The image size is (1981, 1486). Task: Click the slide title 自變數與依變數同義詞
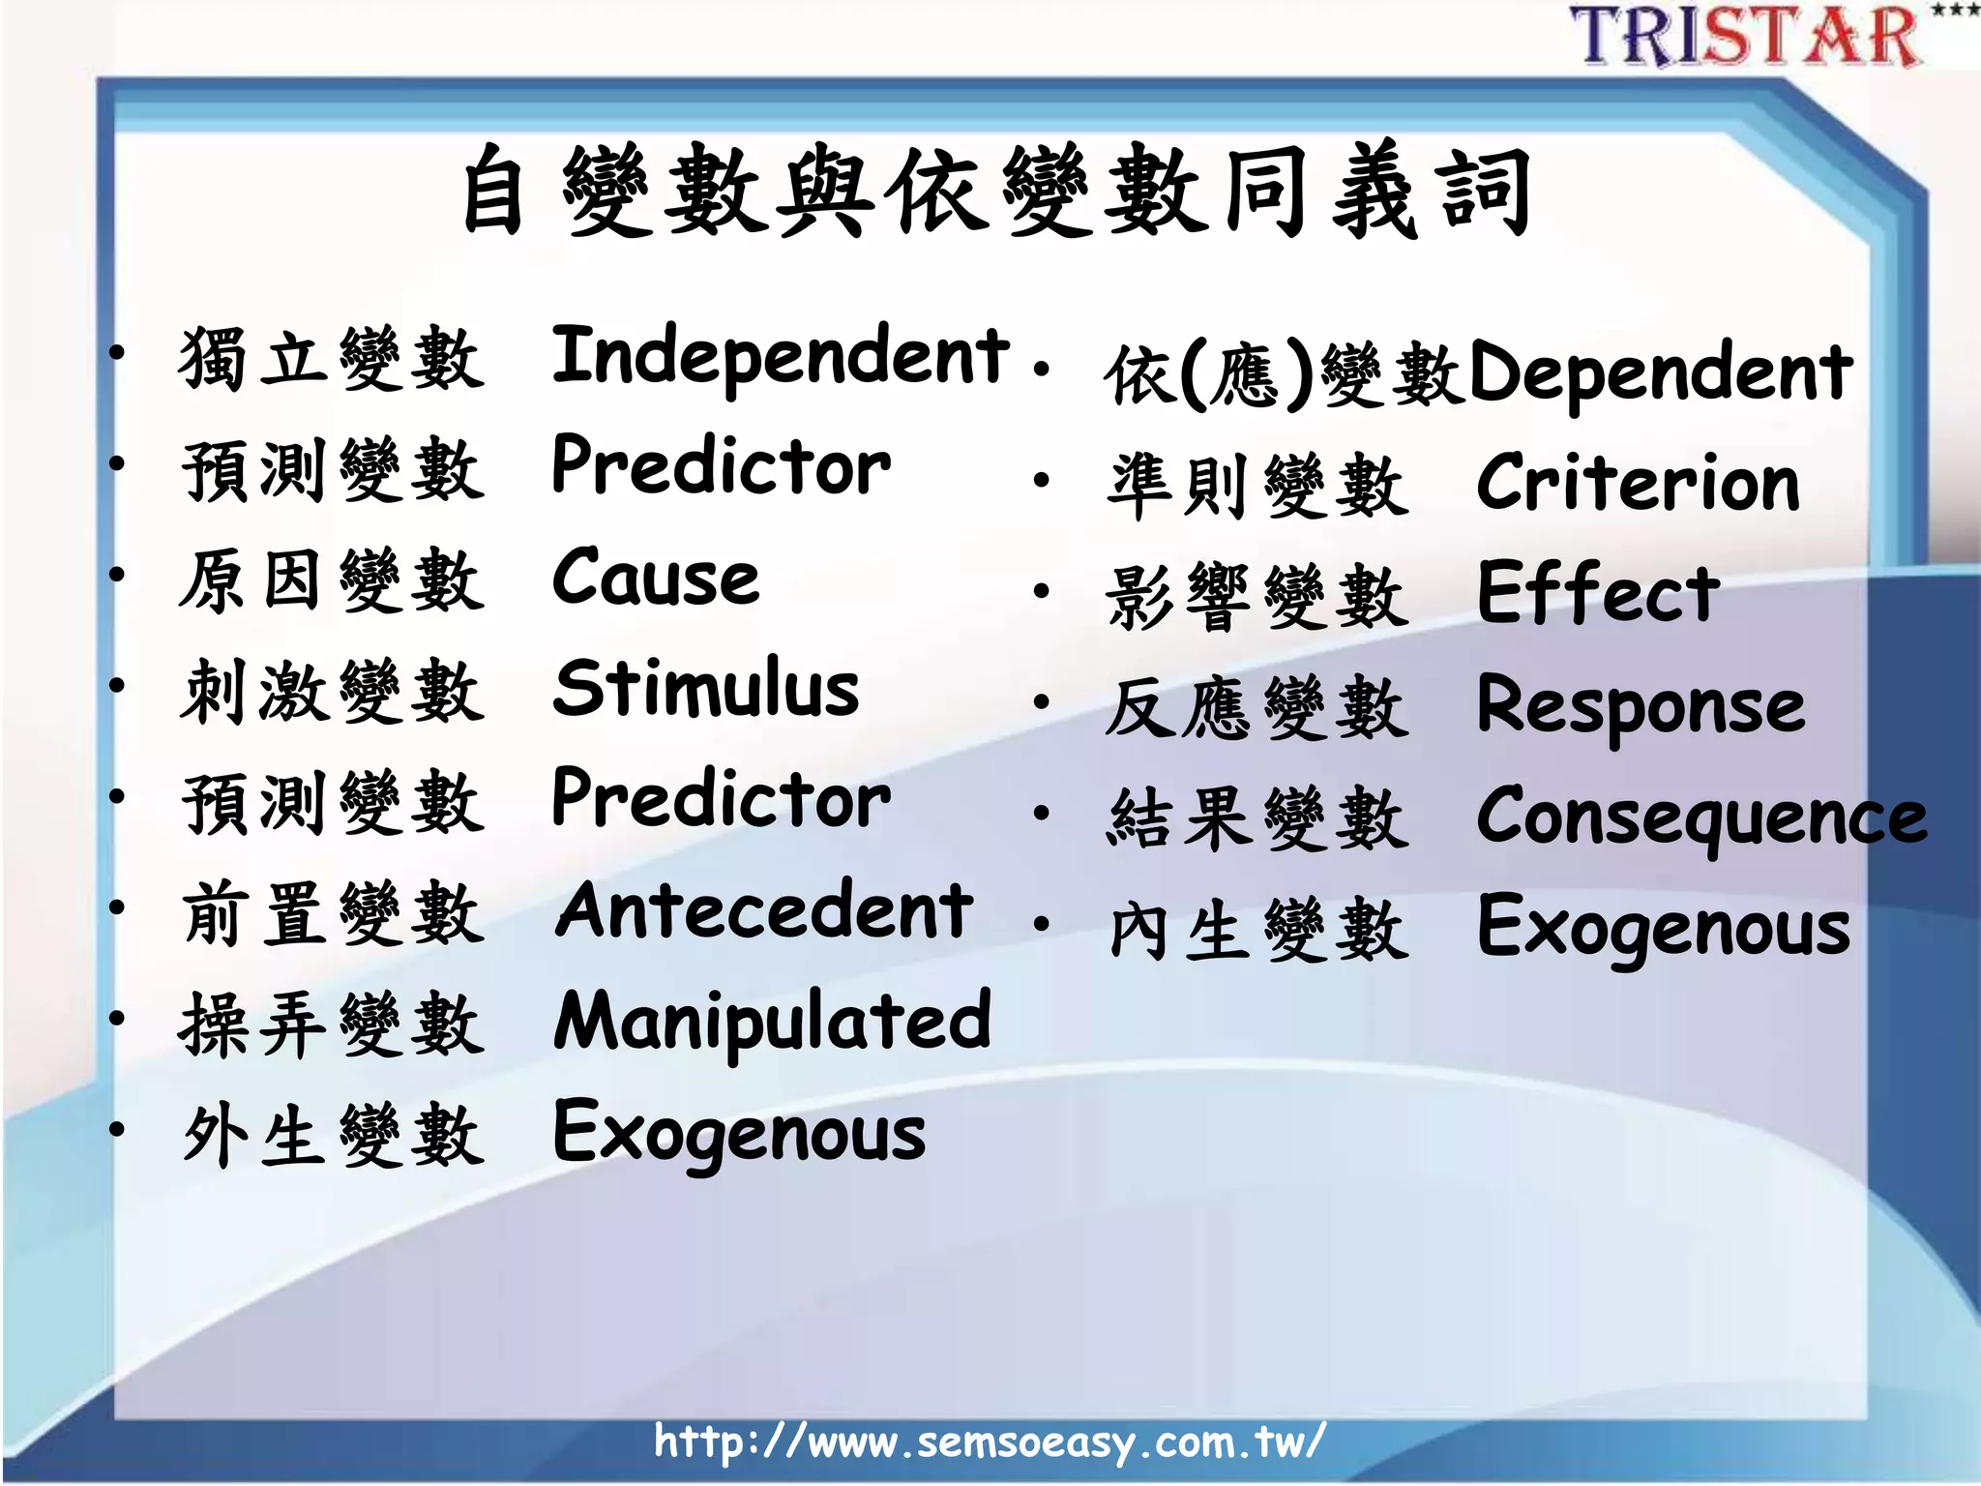(995, 192)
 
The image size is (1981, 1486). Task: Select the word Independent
(780, 357)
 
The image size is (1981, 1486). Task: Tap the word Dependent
(1660, 374)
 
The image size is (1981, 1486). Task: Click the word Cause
(655, 579)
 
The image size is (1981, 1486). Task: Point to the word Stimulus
(706, 689)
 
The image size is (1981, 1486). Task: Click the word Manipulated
(772, 1023)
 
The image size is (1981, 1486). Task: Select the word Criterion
(1638, 483)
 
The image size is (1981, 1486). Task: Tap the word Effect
(1598, 593)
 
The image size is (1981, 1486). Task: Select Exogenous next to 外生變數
(739, 1134)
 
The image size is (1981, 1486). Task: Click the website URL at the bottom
(989, 1441)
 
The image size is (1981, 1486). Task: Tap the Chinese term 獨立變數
(331, 359)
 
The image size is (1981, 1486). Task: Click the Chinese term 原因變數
(331, 580)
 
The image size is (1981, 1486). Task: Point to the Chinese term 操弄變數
(331, 1025)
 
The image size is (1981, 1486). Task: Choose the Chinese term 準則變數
(1257, 485)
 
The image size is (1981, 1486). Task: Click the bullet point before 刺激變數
(117, 686)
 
